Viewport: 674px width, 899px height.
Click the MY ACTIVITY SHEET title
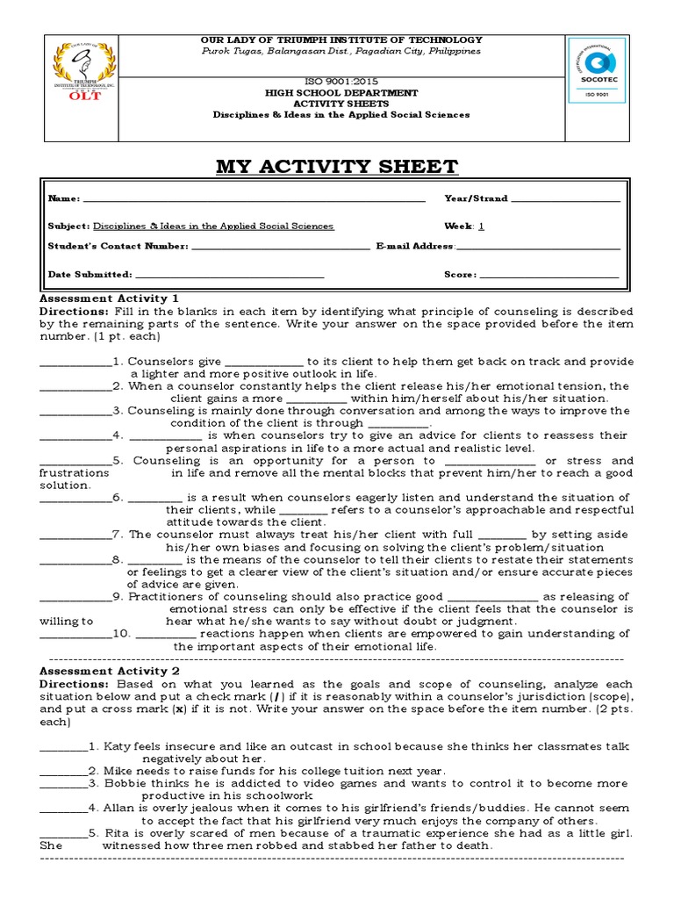(x=337, y=167)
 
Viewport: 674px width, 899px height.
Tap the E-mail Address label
(x=414, y=247)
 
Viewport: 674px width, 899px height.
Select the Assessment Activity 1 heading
(x=110, y=298)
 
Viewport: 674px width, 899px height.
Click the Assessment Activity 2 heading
(x=110, y=671)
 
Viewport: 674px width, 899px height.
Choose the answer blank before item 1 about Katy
(x=63, y=747)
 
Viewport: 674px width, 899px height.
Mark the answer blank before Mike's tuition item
(x=63, y=772)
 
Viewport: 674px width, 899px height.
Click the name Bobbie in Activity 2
(x=125, y=783)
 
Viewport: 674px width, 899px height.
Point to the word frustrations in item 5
(x=75, y=473)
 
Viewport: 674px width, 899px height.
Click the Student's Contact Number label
(x=118, y=247)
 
